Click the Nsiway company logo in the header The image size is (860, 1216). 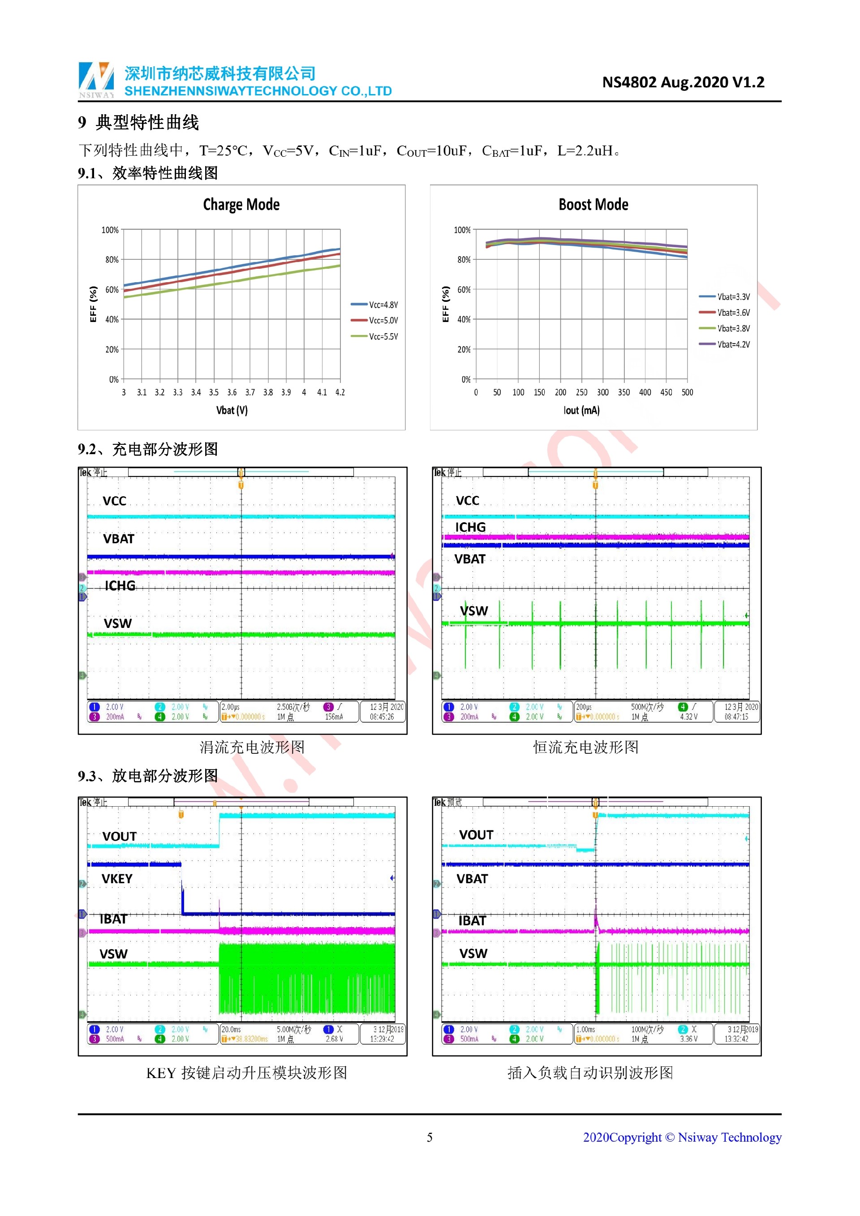96,79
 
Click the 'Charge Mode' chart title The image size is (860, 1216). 241,204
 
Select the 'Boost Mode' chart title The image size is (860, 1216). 593,204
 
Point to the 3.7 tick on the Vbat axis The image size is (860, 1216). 250,392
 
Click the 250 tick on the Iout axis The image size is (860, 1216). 581,392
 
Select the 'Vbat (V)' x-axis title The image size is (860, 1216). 232,410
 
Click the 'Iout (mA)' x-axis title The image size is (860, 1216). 581,410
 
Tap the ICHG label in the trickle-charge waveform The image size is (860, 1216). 120,585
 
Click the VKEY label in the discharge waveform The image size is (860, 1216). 117,879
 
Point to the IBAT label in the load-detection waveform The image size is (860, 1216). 472,920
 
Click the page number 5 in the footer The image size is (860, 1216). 430,1137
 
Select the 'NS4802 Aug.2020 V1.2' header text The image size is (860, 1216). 683,82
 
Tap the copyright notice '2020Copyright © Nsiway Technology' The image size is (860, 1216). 682,1137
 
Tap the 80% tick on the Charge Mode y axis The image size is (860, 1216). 112,259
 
